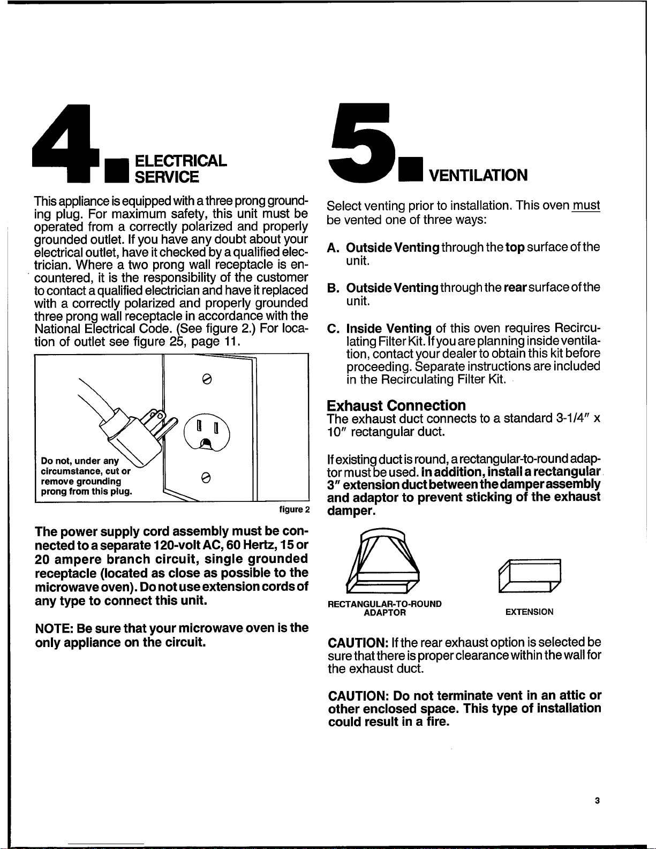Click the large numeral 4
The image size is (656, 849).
[x=66, y=143]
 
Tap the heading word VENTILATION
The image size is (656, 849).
[x=478, y=176]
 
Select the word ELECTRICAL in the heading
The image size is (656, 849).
[x=180, y=161]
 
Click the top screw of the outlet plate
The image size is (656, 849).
[x=207, y=379]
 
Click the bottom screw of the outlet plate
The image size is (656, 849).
[x=207, y=477]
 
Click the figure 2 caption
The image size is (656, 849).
[x=295, y=509]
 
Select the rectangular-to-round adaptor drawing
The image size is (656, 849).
[x=383, y=561]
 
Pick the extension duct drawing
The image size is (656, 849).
[x=530, y=575]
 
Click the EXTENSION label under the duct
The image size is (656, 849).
[x=529, y=612]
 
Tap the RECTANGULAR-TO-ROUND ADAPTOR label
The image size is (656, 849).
[x=384, y=608]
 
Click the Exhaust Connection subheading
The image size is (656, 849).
[x=396, y=405]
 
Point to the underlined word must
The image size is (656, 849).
[x=586, y=206]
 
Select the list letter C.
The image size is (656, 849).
[x=333, y=328]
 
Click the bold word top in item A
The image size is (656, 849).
[x=515, y=247]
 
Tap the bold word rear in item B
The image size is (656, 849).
[x=515, y=288]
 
